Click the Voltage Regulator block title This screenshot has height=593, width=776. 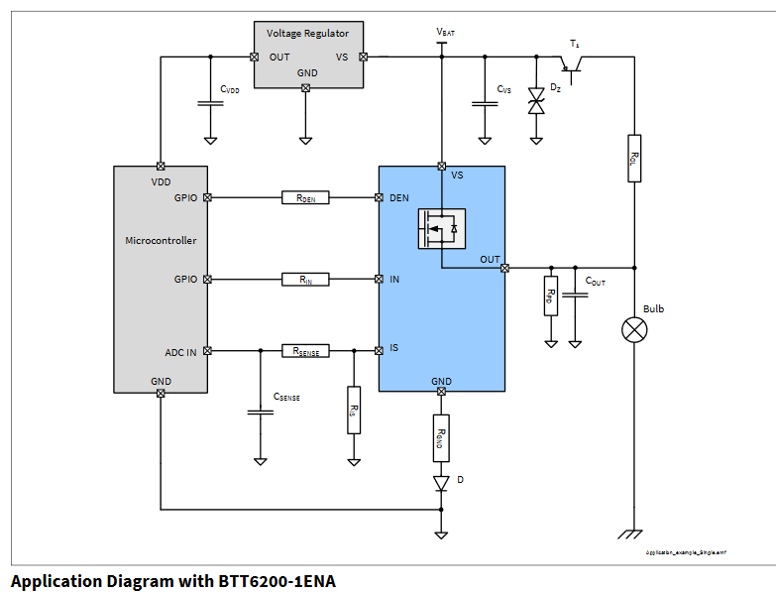(x=307, y=34)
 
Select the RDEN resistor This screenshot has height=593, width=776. (x=305, y=197)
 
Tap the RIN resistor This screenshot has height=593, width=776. (x=305, y=280)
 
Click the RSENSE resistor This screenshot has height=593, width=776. (x=305, y=350)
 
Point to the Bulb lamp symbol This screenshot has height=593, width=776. (x=634, y=329)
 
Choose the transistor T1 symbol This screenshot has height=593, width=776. (x=574, y=64)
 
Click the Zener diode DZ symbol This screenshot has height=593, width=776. (x=536, y=100)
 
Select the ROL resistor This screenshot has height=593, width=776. (x=634, y=158)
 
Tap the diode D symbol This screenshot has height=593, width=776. (x=442, y=483)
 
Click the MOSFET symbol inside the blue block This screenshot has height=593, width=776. (x=441, y=228)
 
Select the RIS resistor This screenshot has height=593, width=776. (x=353, y=409)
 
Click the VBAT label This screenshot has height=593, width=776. (x=445, y=33)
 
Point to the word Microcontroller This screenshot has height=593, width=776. (x=161, y=240)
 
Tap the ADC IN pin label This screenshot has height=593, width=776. (x=181, y=351)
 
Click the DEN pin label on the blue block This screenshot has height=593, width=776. (x=399, y=197)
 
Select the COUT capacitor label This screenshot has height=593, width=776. (x=595, y=282)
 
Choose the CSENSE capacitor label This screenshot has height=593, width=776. (x=286, y=397)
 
